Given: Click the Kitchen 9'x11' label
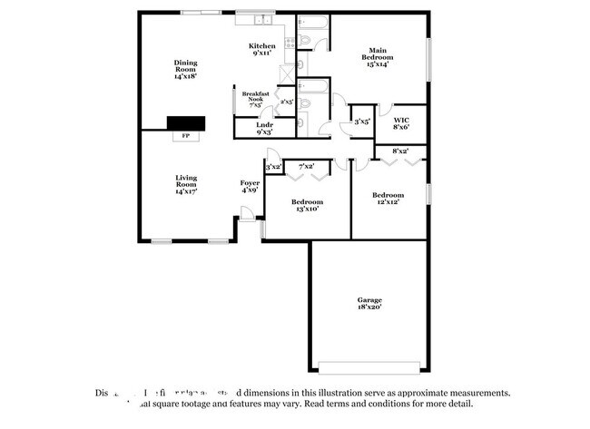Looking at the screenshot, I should tap(261, 50).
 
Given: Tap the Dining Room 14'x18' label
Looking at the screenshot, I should tap(185, 70).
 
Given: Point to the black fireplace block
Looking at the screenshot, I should tap(185, 123).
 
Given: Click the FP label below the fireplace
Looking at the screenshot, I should tap(186, 136).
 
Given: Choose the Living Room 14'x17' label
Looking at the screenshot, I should tap(186, 184).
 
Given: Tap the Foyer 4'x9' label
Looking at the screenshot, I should tap(250, 187).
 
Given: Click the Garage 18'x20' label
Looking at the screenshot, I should tap(369, 303).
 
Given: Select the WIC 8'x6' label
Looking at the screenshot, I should tap(400, 123).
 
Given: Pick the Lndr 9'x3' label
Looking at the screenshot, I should tap(264, 129).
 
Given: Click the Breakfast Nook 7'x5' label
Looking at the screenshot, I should tap(252, 99).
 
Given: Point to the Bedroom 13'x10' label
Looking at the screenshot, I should tap(306, 205).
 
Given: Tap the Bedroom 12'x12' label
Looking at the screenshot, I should tap(388, 199).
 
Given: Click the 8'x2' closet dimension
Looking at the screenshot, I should tap(399, 150).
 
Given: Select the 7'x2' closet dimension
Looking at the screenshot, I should tap(306, 167).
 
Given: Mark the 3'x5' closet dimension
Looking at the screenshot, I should tap(361, 121).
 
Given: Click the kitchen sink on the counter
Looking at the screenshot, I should tap(262, 19).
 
